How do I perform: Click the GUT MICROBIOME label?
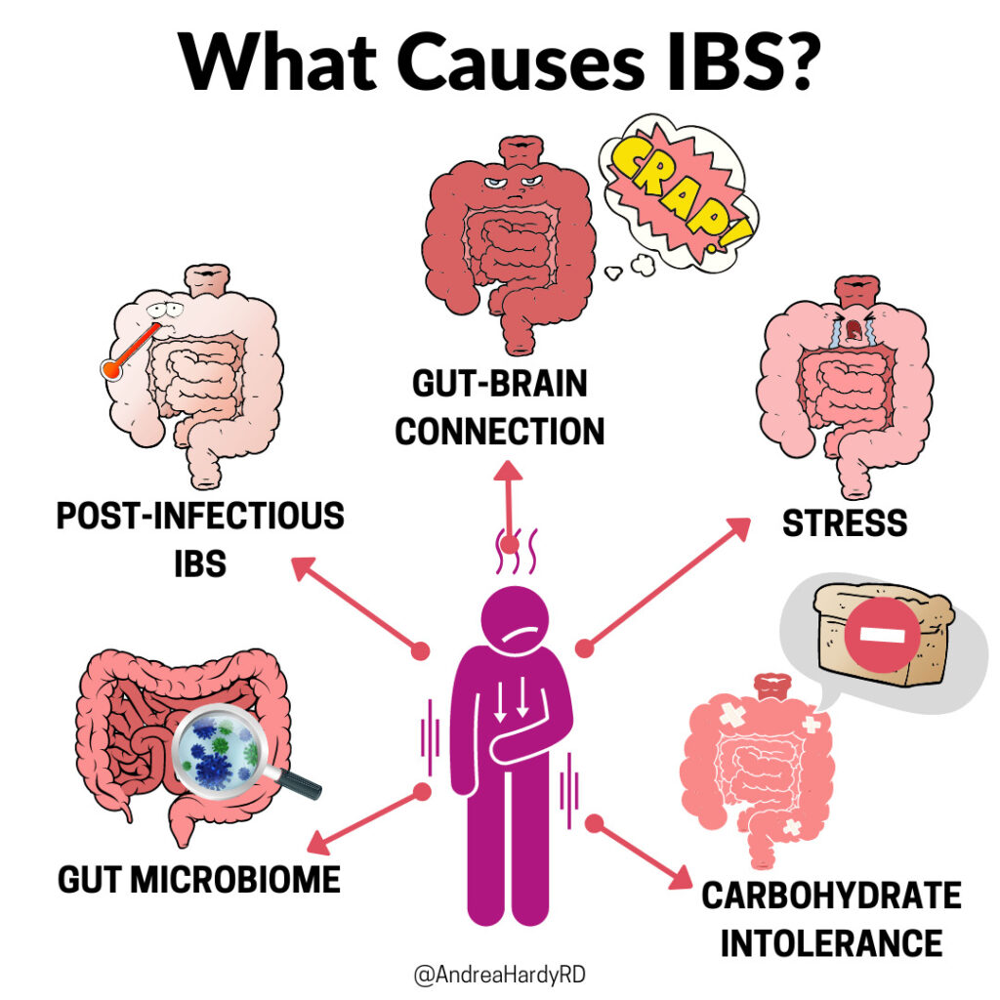(199, 879)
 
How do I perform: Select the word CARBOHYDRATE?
(831, 895)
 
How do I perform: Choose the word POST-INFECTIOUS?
(200, 516)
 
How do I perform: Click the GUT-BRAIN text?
(500, 384)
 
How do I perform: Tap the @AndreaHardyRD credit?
(499, 976)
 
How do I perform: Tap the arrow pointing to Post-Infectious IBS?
(357, 604)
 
